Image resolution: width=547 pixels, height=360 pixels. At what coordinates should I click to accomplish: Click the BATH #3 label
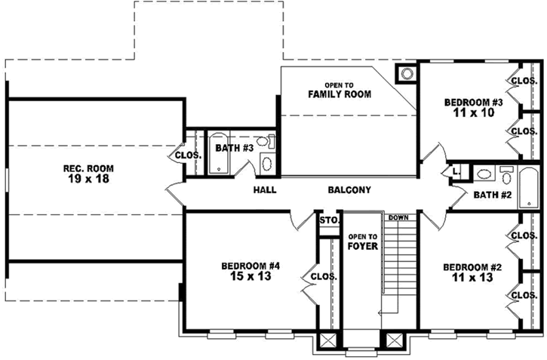pyautogui.click(x=233, y=148)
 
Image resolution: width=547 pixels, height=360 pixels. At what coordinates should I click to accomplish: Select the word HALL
pyautogui.click(x=265, y=190)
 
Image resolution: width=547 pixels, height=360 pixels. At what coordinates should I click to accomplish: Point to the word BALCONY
pyautogui.click(x=349, y=190)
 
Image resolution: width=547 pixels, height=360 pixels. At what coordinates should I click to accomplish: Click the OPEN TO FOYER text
pyautogui.click(x=362, y=241)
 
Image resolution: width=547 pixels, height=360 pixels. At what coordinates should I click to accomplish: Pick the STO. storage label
pyautogui.click(x=327, y=221)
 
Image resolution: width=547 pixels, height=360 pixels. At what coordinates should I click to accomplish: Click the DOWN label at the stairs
pyautogui.click(x=398, y=218)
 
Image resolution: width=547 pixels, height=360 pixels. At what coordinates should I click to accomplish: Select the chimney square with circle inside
pyautogui.click(x=407, y=74)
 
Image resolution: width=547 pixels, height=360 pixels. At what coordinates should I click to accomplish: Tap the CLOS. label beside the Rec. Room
pyautogui.click(x=188, y=155)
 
